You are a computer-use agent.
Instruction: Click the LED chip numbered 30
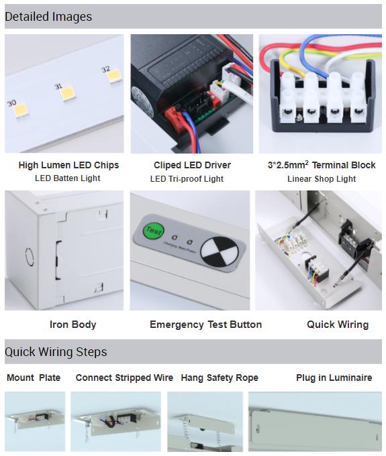[x=21, y=110]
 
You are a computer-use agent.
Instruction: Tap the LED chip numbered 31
[x=68, y=94]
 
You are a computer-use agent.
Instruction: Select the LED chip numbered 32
[x=114, y=76]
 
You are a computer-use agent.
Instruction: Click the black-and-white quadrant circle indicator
[x=219, y=252]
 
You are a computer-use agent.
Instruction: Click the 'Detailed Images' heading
[x=48, y=17]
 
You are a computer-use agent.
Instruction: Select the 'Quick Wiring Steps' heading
[x=56, y=351]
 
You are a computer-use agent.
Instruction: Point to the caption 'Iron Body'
[x=73, y=325]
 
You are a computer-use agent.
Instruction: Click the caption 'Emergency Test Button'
[x=206, y=325]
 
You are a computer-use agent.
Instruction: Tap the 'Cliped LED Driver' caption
[x=192, y=165]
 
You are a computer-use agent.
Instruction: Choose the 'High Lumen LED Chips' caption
[x=68, y=165]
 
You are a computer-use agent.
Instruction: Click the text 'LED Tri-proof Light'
[x=187, y=179]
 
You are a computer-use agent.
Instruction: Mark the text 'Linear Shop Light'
[x=322, y=179]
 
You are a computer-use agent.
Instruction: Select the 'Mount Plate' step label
[x=34, y=378]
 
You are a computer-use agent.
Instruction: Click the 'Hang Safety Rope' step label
[x=220, y=378]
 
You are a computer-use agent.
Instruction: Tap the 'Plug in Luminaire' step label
[x=334, y=378]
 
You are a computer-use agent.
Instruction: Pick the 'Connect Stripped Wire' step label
[x=124, y=378]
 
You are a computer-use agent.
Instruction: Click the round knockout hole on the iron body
[x=29, y=256]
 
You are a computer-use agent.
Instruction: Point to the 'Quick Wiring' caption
[x=338, y=325]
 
